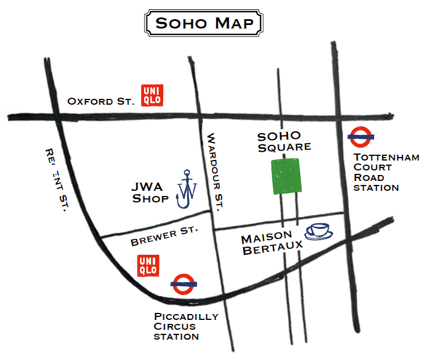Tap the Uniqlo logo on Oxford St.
click(x=153, y=95)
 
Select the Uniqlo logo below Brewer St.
click(x=147, y=265)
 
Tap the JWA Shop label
click(x=151, y=193)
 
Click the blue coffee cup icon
click(x=319, y=231)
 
